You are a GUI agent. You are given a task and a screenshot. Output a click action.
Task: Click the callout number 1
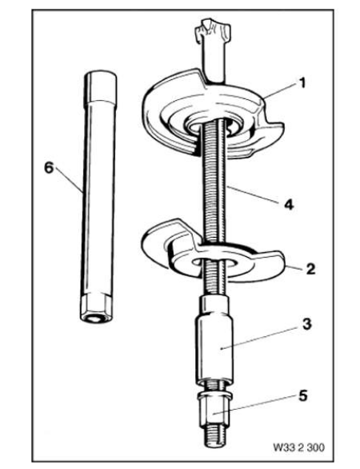click(x=302, y=83)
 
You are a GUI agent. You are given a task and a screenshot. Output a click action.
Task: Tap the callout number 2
click(x=310, y=269)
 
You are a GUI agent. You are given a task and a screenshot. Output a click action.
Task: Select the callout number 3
click(x=306, y=324)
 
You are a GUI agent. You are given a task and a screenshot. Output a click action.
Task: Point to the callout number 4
click(x=289, y=205)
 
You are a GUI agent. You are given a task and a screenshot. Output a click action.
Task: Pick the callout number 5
click(x=303, y=395)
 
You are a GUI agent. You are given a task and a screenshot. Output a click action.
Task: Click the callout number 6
click(x=49, y=167)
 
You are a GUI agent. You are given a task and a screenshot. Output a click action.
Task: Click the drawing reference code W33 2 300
click(x=298, y=447)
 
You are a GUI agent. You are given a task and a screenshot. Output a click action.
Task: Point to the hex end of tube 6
click(x=96, y=309)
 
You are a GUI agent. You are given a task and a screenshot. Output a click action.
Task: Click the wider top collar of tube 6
click(x=100, y=86)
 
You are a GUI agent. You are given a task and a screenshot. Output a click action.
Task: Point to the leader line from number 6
click(x=68, y=180)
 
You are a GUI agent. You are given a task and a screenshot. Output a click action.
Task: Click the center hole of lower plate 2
click(x=214, y=263)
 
